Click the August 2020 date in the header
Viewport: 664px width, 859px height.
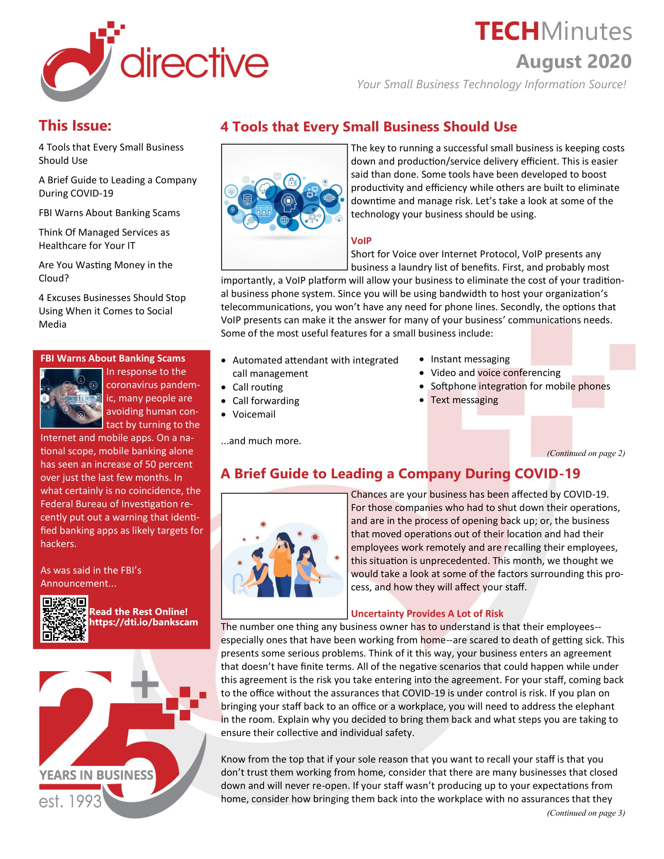pyautogui.click(x=573, y=62)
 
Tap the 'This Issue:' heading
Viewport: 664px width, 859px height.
pyautogui.click(x=75, y=126)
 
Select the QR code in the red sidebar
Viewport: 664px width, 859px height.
pyautogui.click(x=64, y=619)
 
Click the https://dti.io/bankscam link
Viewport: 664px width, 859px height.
pyautogui.click(x=143, y=622)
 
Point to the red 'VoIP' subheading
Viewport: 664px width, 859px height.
pyautogui.click(x=361, y=241)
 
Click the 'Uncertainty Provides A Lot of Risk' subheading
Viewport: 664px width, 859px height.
pyautogui.click(x=427, y=613)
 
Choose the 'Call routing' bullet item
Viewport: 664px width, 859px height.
pyautogui.click(x=257, y=387)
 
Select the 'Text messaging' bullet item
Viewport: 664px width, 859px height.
pyautogui.click(x=464, y=400)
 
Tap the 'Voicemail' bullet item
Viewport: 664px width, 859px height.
pyautogui.click(x=254, y=415)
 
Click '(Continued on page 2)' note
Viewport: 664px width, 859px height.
pyautogui.click(x=585, y=453)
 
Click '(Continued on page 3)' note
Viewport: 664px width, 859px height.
pyautogui.click(x=585, y=813)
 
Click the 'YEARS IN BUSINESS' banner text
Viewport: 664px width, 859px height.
pyautogui.click(x=96, y=775)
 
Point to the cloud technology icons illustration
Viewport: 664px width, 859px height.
pyautogui.click(x=284, y=207)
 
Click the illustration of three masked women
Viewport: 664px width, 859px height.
pyautogui.click(x=284, y=556)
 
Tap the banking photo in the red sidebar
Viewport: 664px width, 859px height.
pyautogui.click(x=71, y=398)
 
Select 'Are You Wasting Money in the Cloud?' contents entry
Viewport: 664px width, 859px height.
pyautogui.click(x=105, y=272)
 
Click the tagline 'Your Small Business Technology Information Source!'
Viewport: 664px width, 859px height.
pyautogui.click(x=491, y=85)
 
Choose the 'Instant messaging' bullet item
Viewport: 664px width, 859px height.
pyautogui.click(x=469, y=359)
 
